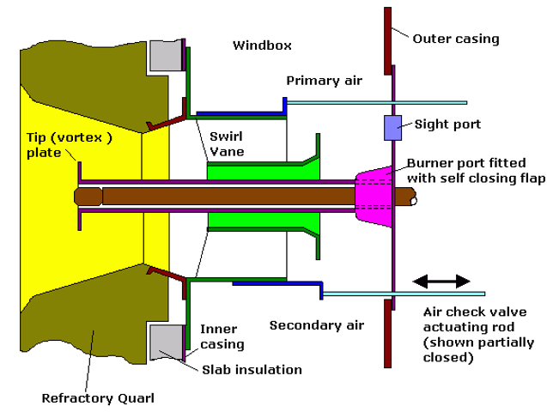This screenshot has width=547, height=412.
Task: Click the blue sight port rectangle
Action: coord(392,127)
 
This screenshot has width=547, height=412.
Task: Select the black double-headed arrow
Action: coord(441,281)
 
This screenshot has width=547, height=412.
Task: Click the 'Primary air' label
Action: coord(324,82)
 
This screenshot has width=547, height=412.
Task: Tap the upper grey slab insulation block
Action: coord(165,56)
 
